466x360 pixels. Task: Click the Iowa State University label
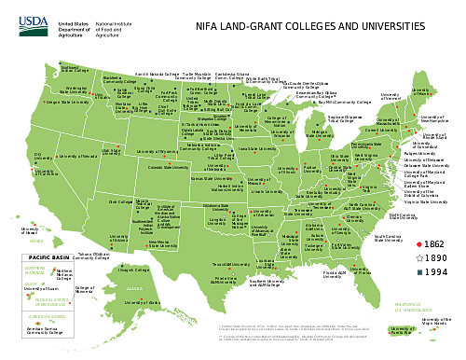257,147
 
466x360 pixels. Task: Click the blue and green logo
33,27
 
